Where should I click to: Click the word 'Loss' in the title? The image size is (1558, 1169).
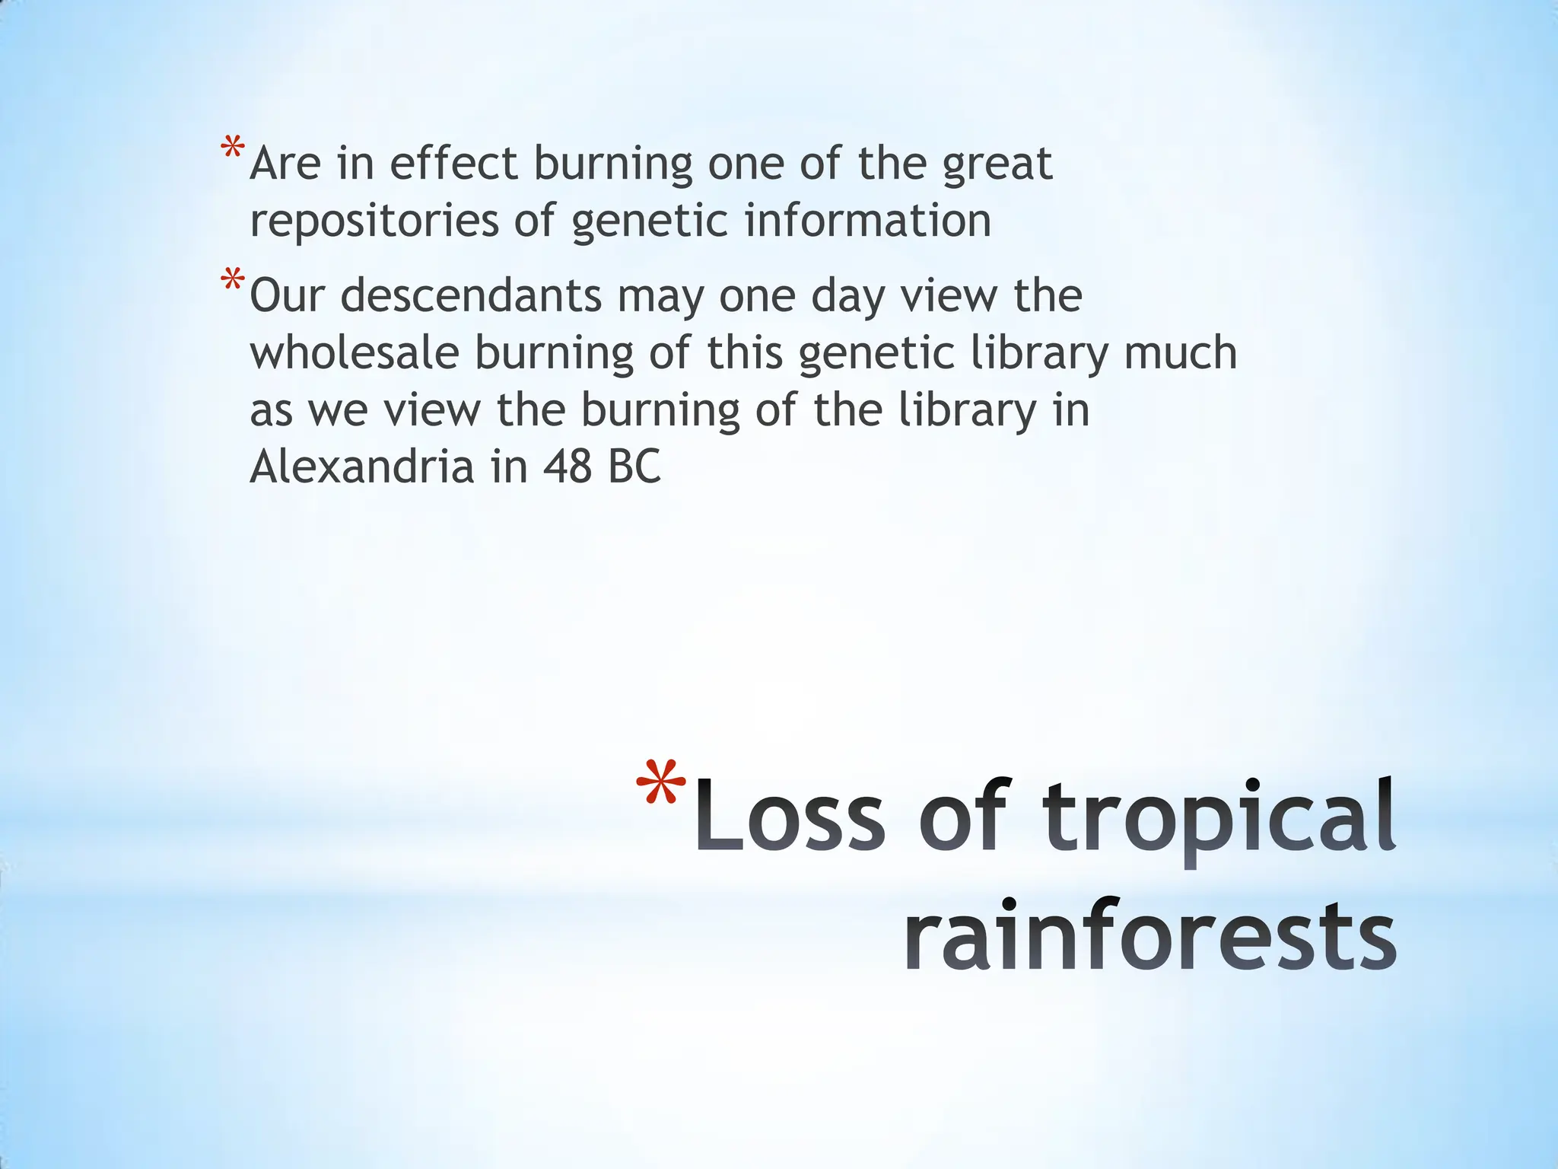pos(790,816)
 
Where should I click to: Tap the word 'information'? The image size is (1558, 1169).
pos(867,220)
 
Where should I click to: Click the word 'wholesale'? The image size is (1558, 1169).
pos(355,353)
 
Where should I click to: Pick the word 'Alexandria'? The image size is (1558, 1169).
pos(362,467)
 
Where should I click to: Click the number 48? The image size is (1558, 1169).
pos(568,467)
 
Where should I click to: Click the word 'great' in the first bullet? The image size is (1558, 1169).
pos(997,164)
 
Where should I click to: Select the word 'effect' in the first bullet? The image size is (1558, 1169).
pos(454,163)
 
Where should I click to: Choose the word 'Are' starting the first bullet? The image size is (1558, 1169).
pos(285,163)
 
